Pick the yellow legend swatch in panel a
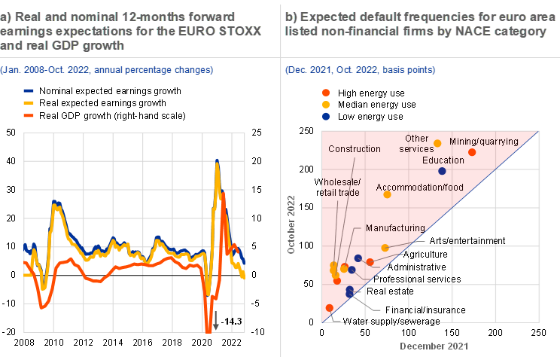(29, 102)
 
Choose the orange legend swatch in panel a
(29, 115)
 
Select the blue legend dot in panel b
(326, 116)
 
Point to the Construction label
(355, 149)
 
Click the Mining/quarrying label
(484, 142)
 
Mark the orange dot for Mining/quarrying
(472, 152)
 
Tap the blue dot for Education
(442, 172)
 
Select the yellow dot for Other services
(437, 142)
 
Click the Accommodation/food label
(419, 187)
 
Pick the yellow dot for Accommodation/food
(387, 194)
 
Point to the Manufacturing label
(395, 228)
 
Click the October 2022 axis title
(292, 225)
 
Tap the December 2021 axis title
(434, 346)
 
